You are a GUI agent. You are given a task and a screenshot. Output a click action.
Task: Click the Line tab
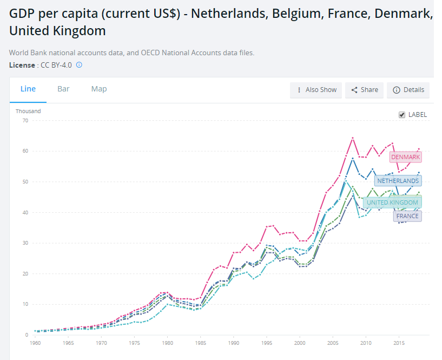click(x=28, y=89)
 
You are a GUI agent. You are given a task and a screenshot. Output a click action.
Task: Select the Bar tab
click(x=63, y=89)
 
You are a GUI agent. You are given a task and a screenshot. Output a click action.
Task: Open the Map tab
click(x=99, y=89)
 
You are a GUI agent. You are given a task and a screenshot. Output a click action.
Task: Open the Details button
click(x=408, y=90)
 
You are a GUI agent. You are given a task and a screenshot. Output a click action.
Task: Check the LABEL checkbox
click(x=401, y=115)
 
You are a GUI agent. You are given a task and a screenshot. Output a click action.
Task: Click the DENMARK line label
click(x=405, y=157)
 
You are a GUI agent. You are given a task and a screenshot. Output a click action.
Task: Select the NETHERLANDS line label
click(x=398, y=181)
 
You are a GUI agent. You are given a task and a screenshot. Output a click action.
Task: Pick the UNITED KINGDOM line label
click(x=392, y=202)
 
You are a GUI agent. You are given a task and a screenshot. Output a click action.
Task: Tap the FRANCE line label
click(x=407, y=216)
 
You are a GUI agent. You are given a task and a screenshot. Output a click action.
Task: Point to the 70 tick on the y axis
click(x=25, y=120)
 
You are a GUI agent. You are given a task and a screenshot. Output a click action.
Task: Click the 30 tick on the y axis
click(x=25, y=243)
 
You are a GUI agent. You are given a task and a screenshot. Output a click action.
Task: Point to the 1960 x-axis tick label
click(x=36, y=343)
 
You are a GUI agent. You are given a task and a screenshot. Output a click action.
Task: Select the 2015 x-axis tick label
click(x=399, y=343)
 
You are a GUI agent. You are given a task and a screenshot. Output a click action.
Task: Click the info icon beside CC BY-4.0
click(x=79, y=65)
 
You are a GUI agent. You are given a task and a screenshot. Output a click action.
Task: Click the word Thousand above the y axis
click(x=28, y=111)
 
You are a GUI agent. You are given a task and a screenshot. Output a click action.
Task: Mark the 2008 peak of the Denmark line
click(x=353, y=138)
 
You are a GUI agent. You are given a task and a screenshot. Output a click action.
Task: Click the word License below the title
click(x=22, y=65)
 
